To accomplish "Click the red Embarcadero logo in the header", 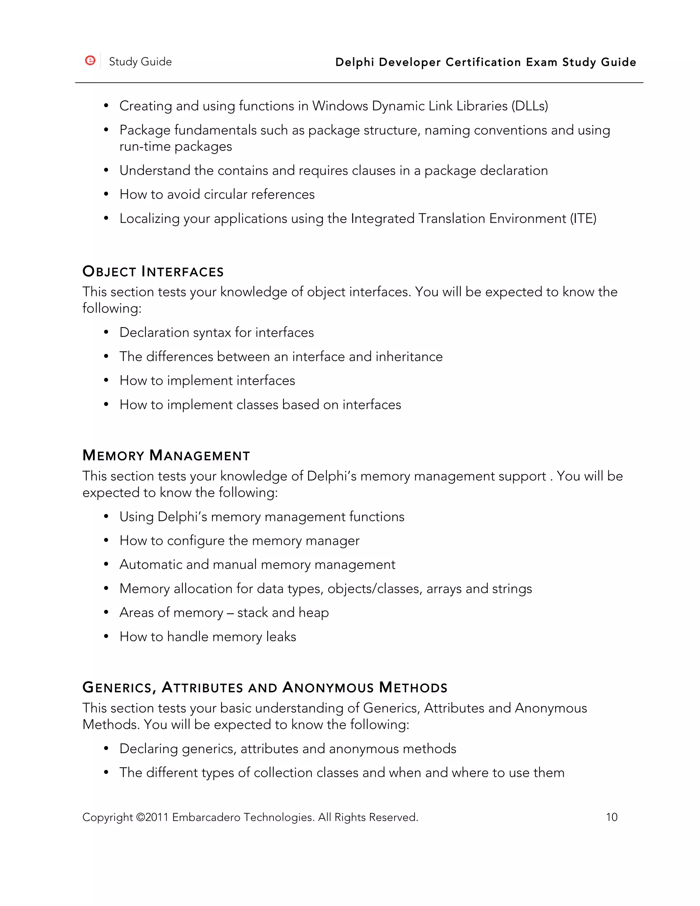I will [x=90, y=61].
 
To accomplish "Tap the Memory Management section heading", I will [x=166, y=455].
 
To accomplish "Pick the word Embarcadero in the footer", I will [x=206, y=817].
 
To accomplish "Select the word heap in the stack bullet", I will [x=313, y=612].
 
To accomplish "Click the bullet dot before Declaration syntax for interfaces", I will [x=106, y=332].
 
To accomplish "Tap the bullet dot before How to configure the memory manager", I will [x=106, y=541].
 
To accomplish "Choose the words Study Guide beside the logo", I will [x=140, y=62].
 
